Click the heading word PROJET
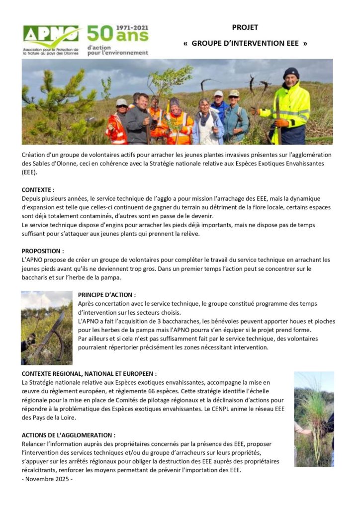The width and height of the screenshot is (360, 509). point(245,28)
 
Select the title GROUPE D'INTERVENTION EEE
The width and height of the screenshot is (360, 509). point(245,43)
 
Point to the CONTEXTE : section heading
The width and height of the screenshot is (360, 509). point(38,190)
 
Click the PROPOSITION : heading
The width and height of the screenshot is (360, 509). point(43,251)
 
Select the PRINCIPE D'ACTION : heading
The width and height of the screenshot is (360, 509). point(106,295)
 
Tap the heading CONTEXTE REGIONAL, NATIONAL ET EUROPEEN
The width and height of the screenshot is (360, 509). point(89,373)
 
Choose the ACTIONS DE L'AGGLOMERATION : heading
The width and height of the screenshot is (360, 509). point(69,435)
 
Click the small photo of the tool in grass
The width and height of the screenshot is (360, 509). point(46,328)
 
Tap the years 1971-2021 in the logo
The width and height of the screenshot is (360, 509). point(132,28)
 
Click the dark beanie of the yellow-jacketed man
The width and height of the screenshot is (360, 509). point(291,73)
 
